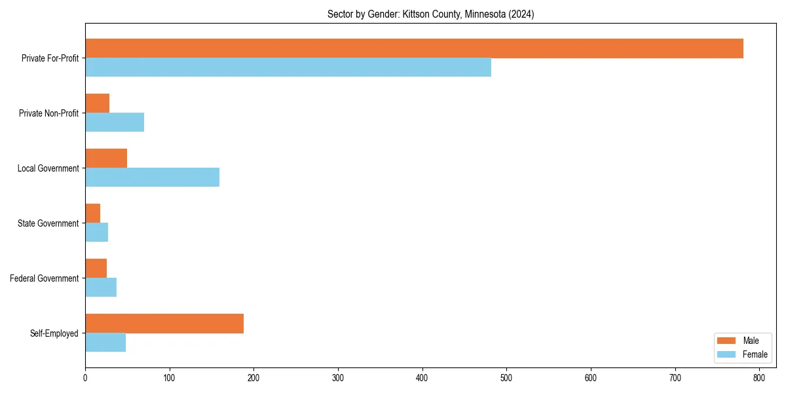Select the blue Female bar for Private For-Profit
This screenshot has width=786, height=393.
click(288, 67)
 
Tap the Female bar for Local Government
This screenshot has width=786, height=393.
click(152, 178)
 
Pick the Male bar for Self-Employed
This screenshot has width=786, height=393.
click(164, 324)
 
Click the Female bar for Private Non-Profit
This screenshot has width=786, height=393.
click(115, 122)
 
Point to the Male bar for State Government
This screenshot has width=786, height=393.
click(93, 214)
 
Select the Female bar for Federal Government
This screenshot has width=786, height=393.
click(101, 288)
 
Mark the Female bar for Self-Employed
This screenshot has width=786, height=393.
click(105, 343)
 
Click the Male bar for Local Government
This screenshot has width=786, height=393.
click(106, 159)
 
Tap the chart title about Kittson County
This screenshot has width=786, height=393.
click(430, 14)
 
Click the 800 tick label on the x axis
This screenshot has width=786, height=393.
click(759, 378)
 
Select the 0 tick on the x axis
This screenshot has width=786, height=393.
click(85, 378)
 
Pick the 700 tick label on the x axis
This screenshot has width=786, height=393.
click(675, 378)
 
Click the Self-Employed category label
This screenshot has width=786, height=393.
click(54, 333)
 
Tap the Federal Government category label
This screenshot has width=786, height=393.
click(45, 278)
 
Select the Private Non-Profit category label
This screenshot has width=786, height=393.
click(48, 113)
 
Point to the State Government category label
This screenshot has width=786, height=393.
click(48, 223)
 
